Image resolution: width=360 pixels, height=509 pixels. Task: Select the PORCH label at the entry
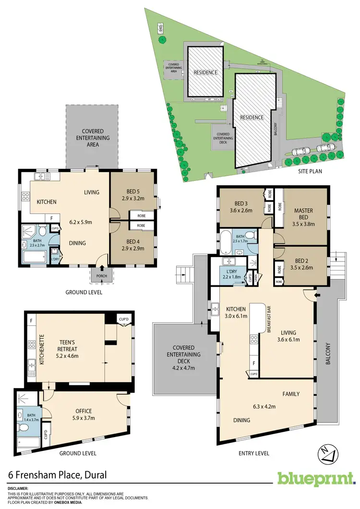[101, 276]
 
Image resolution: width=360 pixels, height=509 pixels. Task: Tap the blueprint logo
[316, 479]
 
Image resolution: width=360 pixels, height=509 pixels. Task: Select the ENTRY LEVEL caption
[253, 453]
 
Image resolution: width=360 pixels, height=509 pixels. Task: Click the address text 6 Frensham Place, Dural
[58, 475]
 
